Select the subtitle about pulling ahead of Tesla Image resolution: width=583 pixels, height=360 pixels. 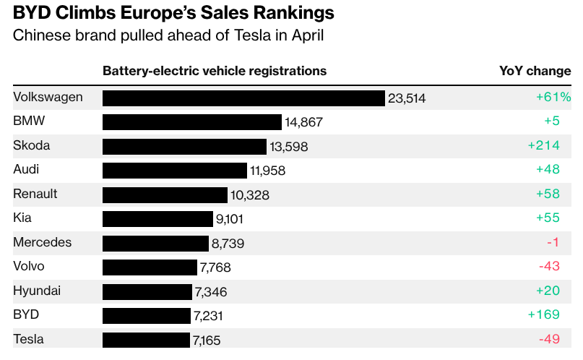click(x=168, y=35)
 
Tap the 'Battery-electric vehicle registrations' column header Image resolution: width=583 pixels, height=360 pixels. click(x=215, y=71)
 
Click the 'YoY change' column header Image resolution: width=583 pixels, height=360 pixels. click(x=535, y=71)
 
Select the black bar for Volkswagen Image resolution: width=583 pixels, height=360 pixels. click(x=243, y=98)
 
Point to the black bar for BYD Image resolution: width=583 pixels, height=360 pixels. click(x=147, y=316)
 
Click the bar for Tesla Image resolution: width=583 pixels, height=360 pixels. click(x=147, y=340)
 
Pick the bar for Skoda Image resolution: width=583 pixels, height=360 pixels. click(x=184, y=147)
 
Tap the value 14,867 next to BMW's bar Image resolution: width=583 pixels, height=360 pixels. click(x=303, y=123)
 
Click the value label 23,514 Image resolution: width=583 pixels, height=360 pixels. click(x=407, y=98)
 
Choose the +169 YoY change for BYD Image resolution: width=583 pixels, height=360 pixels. click(x=544, y=314)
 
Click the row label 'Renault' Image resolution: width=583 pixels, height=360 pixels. click(x=35, y=194)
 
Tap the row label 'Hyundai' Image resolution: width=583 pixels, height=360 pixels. click(x=37, y=291)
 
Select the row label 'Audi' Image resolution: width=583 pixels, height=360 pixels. click(x=26, y=169)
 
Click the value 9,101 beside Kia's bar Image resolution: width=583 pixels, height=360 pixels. click(x=234, y=219)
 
